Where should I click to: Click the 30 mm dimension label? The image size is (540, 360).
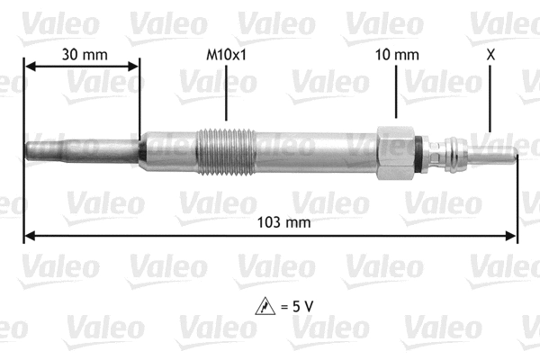tap(84, 55)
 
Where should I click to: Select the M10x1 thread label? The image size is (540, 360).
tap(225, 55)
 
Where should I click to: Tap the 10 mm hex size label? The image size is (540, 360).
tap(397, 55)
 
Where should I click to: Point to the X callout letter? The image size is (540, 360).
tap(490, 55)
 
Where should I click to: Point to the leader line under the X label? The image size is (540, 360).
tap(490, 99)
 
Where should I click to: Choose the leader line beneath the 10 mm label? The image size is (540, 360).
tap(397, 94)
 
